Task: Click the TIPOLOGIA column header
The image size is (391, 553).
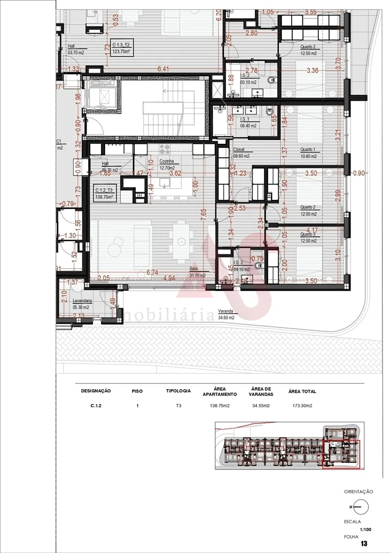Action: click(178, 391)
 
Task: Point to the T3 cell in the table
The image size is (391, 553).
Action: click(178, 406)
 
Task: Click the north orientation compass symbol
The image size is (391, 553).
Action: click(361, 507)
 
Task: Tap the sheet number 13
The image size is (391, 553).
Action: click(365, 543)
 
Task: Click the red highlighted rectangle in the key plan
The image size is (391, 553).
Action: click(341, 454)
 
